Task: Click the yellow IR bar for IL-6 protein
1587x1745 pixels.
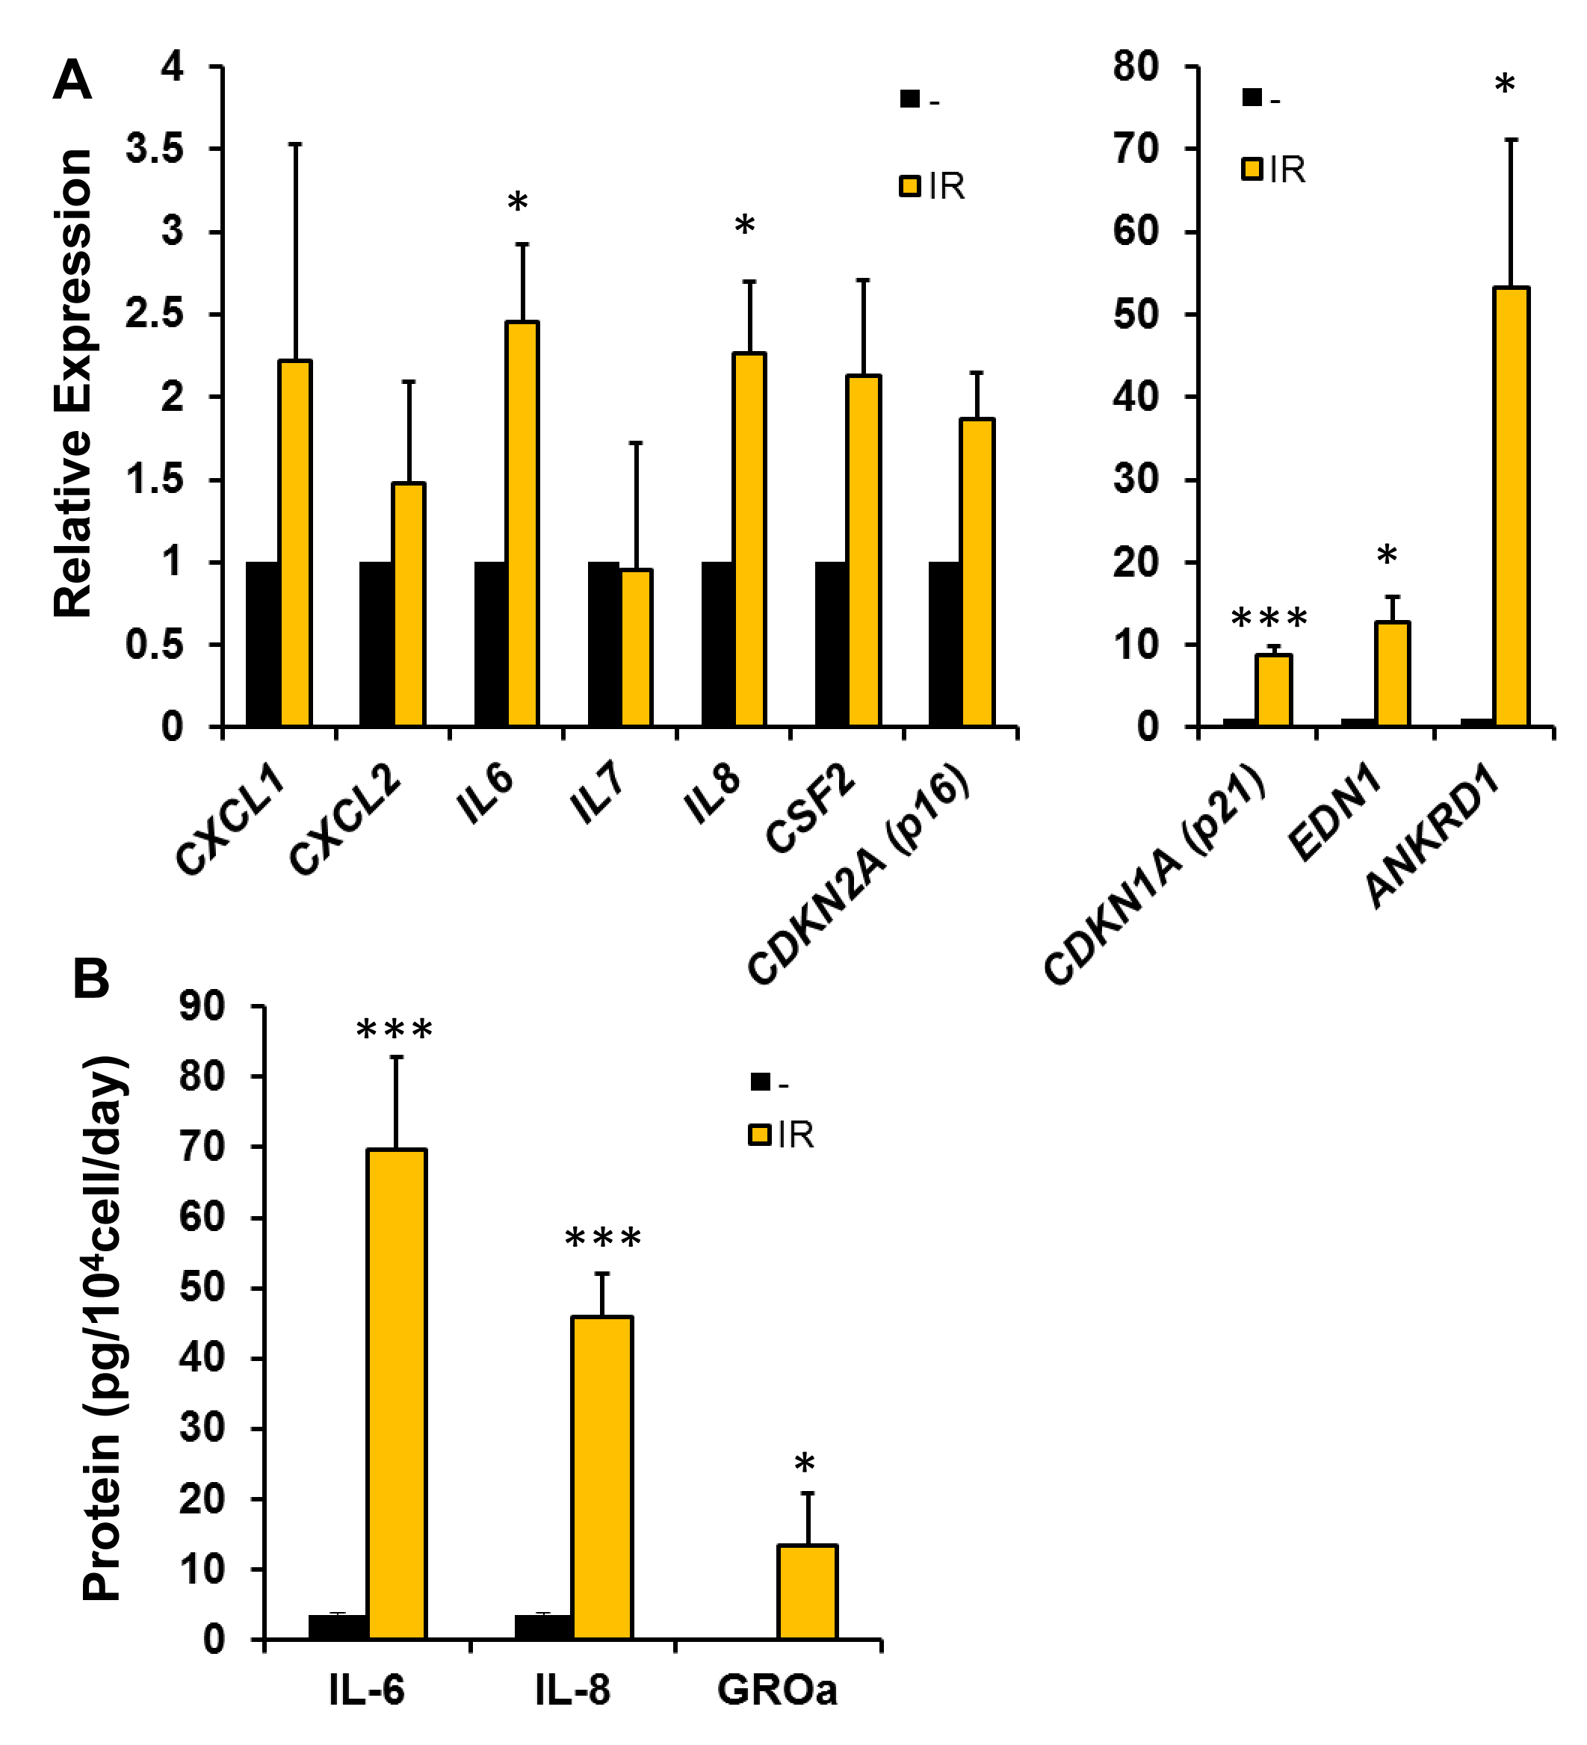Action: coord(397,1394)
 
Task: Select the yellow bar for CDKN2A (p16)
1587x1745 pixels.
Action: coord(977,572)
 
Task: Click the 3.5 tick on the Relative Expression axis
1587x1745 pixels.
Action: coord(155,149)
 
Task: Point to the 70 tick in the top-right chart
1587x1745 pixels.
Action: coord(1135,149)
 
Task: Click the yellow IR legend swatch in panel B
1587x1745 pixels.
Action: coord(759,1135)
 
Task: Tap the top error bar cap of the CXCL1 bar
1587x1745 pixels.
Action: coord(295,143)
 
